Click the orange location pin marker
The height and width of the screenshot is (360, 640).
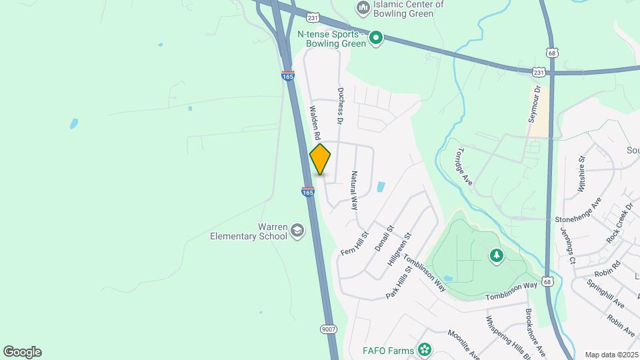click(321, 159)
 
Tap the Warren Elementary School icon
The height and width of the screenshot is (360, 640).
click(297, 231)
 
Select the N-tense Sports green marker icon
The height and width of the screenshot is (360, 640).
click(376, 38)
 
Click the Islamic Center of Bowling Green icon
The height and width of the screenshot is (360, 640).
click(363, 8)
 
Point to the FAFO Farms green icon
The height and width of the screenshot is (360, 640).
click(425, 349)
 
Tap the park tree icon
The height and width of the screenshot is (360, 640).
click(496, 255)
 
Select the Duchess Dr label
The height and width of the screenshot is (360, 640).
click(340, 107)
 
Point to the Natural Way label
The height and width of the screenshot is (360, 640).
click(354, 190)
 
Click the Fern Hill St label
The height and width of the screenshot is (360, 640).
click(354, 244)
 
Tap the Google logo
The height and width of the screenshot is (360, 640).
click(22, 352)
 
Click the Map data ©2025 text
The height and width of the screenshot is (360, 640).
click(611, 355)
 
